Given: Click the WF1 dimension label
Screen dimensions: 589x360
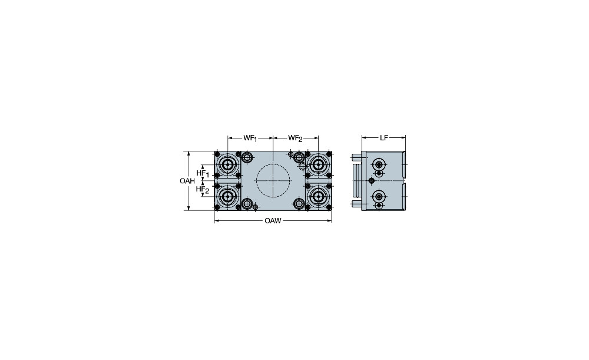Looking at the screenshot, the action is click(250, 138).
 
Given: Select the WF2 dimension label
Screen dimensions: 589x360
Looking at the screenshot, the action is click(295, 138).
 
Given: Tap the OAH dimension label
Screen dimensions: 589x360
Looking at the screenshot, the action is click(187, 181).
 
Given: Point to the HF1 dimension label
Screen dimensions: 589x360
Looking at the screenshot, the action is click(203, 173).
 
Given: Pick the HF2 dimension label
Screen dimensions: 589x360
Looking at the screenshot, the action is click(203, 189).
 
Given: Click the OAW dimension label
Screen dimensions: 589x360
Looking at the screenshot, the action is click(273, 221).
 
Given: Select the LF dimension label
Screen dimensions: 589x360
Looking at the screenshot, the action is click(383, 138).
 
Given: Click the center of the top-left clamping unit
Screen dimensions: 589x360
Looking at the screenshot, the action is click(227, 164).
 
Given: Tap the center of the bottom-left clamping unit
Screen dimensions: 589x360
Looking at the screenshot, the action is click(227, 197).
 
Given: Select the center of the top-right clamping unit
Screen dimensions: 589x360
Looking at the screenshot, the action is click(319, 164).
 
